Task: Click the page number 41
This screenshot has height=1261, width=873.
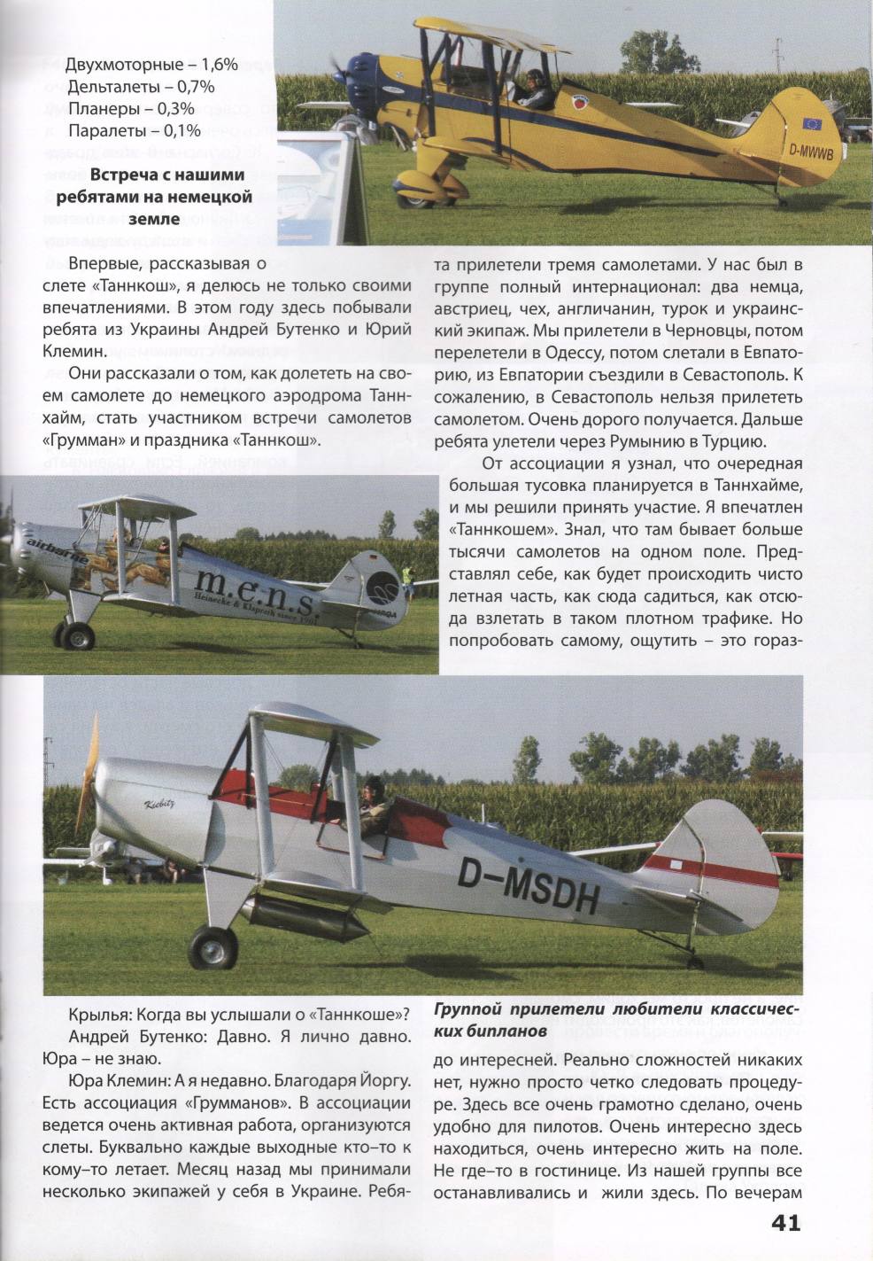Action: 785,1223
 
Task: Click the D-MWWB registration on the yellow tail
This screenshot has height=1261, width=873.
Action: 811,152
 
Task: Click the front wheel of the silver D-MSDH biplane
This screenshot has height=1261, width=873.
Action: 213,947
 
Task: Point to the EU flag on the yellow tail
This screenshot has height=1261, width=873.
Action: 812,123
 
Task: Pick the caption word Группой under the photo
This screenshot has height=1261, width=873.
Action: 475,1009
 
